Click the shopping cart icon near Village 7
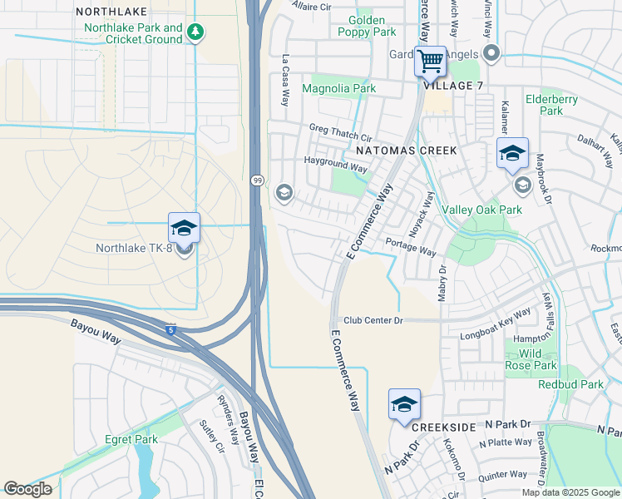click(x=430, y=61)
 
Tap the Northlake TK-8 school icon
click(x=184, y=229)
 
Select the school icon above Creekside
click(x=404, y=405)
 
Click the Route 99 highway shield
click(x=257, y=180)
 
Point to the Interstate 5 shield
click(x=170, y=329)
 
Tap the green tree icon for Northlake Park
click(x=196, y=32)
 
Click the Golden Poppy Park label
click(x=367, y=26)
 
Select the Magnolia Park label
click(x=338, y=88)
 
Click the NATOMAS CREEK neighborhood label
click(x=407, y=151)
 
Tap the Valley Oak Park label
click(x=481, y=210)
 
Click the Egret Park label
click(x=131, y=439)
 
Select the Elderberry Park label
click(x=551, y=105)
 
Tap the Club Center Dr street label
click(x=373, y=320)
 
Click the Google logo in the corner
click(x=27, y=489)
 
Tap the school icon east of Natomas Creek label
click(x=512, y=154)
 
